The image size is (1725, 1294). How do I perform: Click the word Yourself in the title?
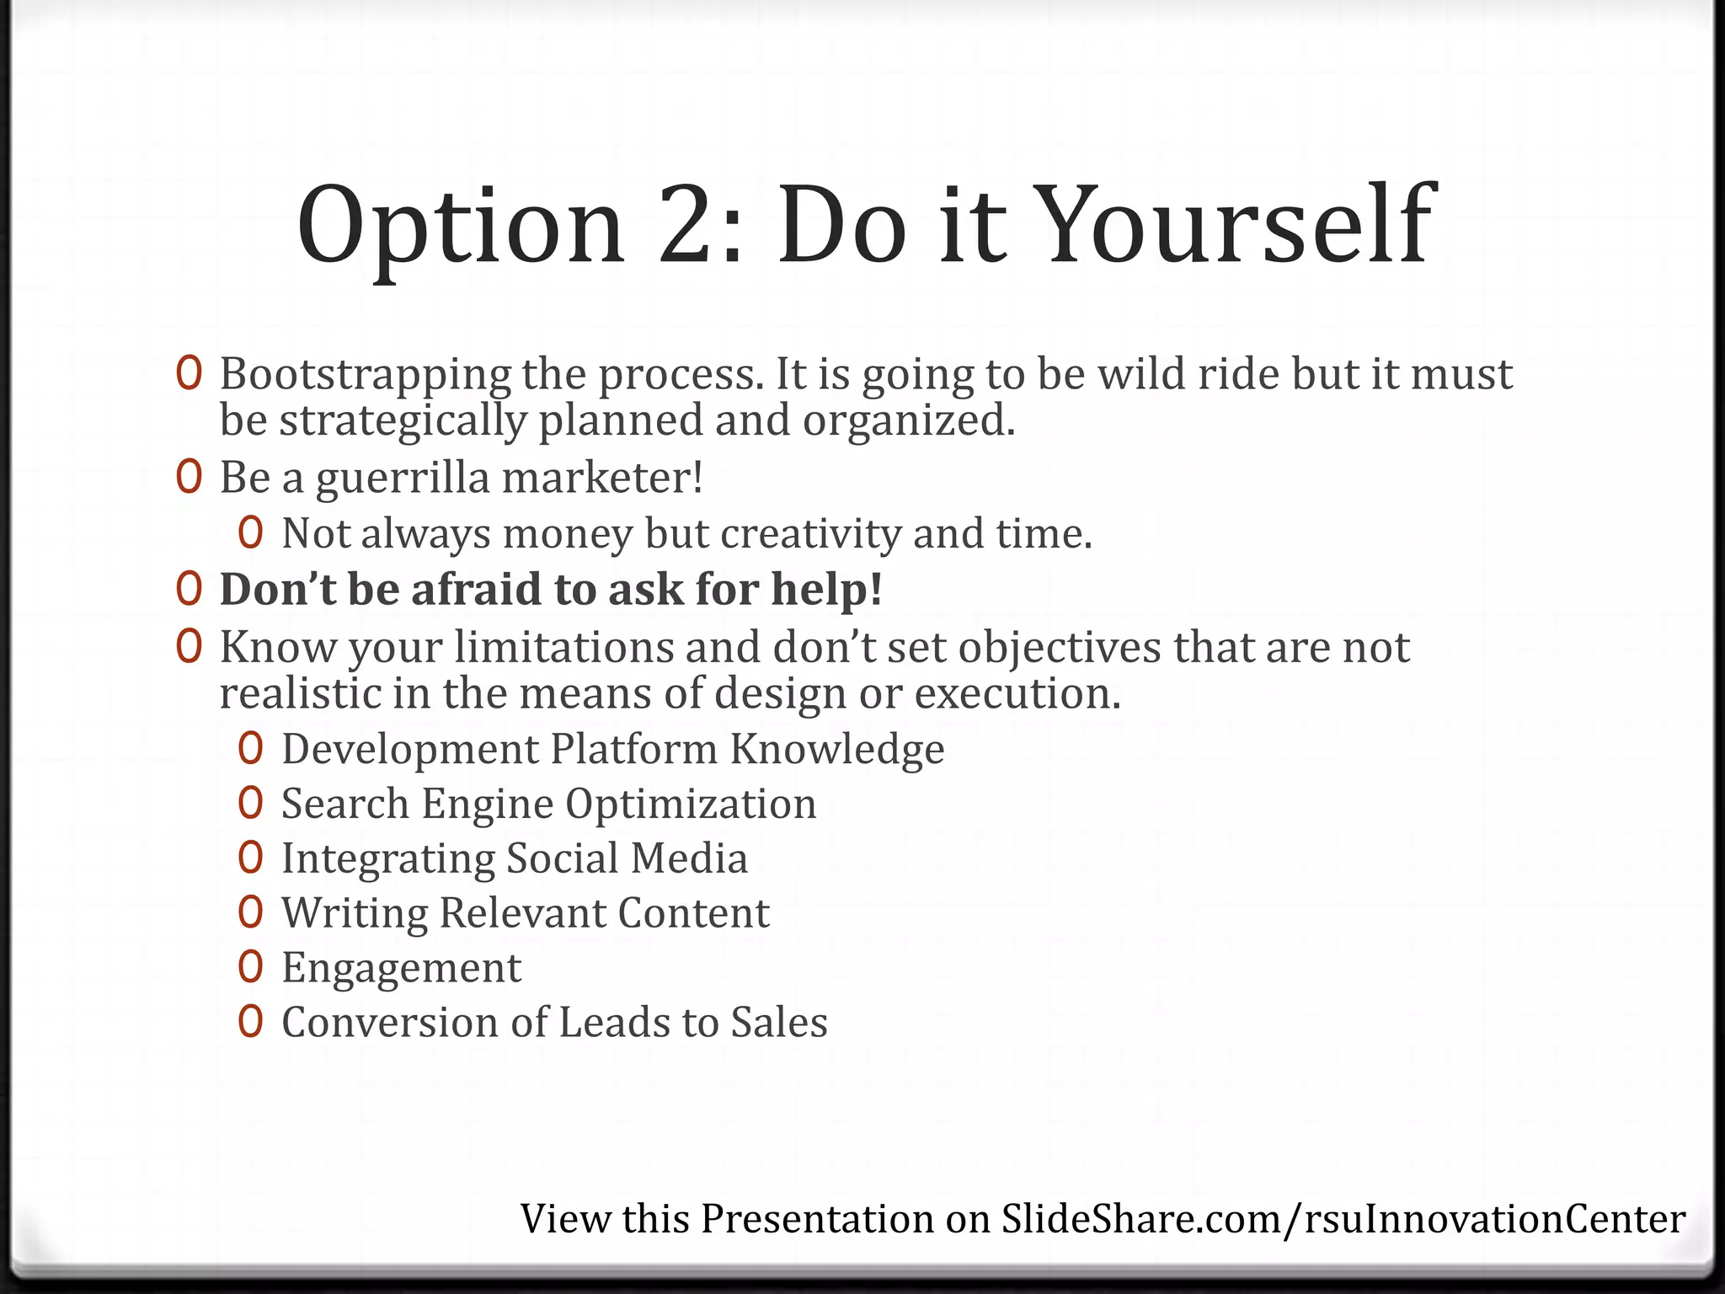[1238, 226]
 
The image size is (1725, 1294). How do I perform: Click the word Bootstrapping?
[365, 375]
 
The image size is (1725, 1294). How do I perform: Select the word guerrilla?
[402, 479]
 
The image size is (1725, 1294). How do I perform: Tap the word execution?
[1017, 694]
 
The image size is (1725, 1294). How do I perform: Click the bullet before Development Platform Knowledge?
[250, 748]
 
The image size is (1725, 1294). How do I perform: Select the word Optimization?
[691, 804]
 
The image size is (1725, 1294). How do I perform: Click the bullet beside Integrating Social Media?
[250, 858]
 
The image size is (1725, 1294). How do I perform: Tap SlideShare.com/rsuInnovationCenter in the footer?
[1343, 1219]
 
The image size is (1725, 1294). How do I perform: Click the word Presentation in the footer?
[817, 1219]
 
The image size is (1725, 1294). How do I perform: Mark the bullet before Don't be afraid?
[189, 589]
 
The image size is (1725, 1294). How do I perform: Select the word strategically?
[403, 420]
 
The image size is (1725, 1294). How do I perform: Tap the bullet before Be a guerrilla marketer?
[189, 478]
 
